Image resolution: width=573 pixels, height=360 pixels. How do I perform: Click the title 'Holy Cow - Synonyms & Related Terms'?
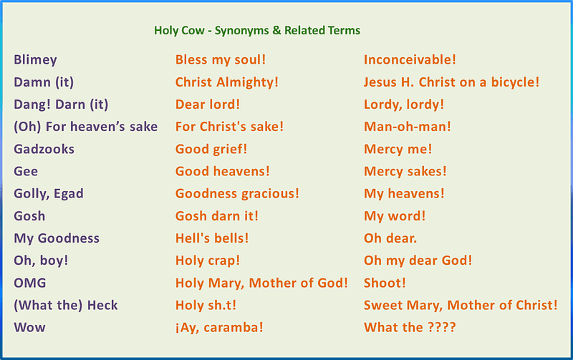[x=257, y=31]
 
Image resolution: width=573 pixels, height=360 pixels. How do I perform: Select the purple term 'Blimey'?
[x=35, y=60]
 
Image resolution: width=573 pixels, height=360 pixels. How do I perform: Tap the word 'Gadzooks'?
[x=44, y=149]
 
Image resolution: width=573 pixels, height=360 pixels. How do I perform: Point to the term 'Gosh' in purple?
[x=29, y=215]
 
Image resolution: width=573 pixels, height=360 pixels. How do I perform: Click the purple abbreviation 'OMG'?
[x=30, y=283]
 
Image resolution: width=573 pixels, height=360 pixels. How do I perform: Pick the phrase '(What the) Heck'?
[x=66, y=305]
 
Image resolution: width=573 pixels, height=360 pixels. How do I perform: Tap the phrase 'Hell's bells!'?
[x=212, y=238]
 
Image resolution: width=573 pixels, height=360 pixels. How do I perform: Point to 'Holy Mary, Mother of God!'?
[x=261, y=283]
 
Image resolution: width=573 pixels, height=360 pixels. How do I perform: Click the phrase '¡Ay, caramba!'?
[x=219, y=327]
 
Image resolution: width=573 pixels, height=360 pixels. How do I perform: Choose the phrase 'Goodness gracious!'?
[x=237, y=193]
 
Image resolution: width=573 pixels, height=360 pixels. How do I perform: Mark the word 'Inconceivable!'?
[x=410, y=60]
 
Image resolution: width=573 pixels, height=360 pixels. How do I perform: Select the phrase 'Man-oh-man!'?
[x=408, y=127]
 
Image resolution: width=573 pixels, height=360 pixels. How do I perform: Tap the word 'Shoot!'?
[x=385, y=283]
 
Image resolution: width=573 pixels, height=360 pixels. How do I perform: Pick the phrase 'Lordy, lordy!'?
[x=404, y=104]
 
